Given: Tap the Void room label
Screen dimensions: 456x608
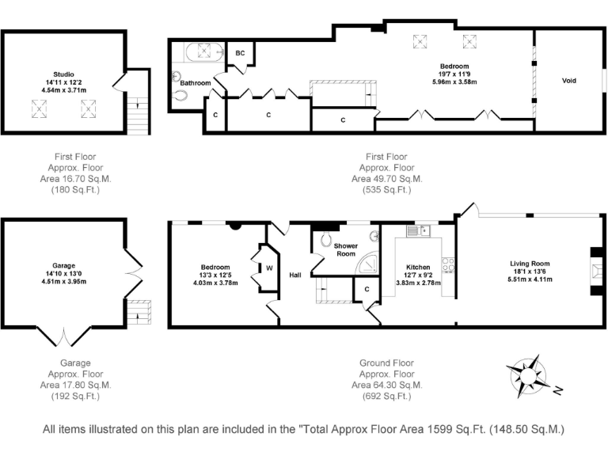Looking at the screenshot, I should (x=569, y=81).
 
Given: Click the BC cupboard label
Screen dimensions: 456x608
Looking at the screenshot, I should (x=240, y=53).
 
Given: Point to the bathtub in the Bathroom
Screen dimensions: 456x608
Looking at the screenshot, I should (x=204, y=54).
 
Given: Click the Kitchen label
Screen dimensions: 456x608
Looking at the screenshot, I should (x=417, y=267).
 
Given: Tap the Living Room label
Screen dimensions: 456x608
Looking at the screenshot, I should (x=530, y=264).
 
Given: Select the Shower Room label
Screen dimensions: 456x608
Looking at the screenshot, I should (x=346, y=249).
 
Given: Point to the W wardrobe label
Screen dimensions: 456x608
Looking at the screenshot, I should (x=269, y=268).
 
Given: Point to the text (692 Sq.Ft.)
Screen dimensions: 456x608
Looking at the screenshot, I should (x=386, y=395).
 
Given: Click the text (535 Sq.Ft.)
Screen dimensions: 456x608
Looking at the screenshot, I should (x=386, y=190).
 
